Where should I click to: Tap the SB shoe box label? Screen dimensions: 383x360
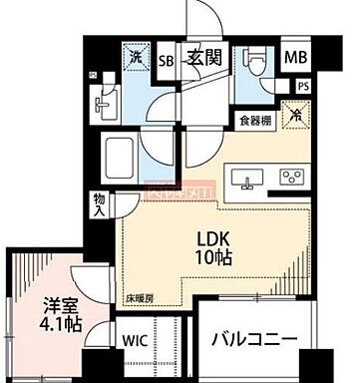pos(169,59)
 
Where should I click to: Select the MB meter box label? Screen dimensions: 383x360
pos(296,57)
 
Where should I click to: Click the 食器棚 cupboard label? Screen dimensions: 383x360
pos(253,122)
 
